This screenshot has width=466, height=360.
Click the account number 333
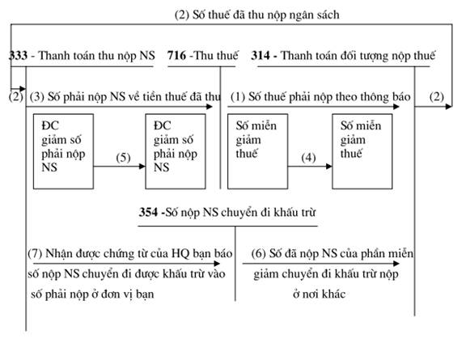tap(19, 56)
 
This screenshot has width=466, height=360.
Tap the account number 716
tap(177, 56)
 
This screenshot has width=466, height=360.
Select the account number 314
tap(261, 56)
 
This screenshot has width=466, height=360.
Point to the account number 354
tap(148, 212)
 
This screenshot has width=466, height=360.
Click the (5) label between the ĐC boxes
tap(123, 158)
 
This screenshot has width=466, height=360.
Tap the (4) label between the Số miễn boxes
tap(308, 158)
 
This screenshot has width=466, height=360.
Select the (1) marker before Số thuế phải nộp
tap(238, 97)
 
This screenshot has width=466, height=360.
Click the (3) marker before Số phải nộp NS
tap(37, 97)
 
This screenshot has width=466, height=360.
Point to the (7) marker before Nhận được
tap(35, 253)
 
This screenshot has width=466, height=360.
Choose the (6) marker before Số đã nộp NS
tap(259, 253)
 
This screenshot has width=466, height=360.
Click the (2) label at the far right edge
tap(437, 97)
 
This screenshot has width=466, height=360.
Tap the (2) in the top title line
tap(182, 15)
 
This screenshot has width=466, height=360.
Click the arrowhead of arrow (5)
tap(142, 166)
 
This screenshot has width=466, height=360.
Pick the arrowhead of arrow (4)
tap(329, 166)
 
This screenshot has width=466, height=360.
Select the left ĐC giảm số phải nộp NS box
tap(63, 151)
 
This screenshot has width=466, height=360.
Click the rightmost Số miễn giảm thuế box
tap(362, 151)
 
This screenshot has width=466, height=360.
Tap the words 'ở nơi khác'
tap(320, 294)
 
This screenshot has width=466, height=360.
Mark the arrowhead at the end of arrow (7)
tap(217, 264)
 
